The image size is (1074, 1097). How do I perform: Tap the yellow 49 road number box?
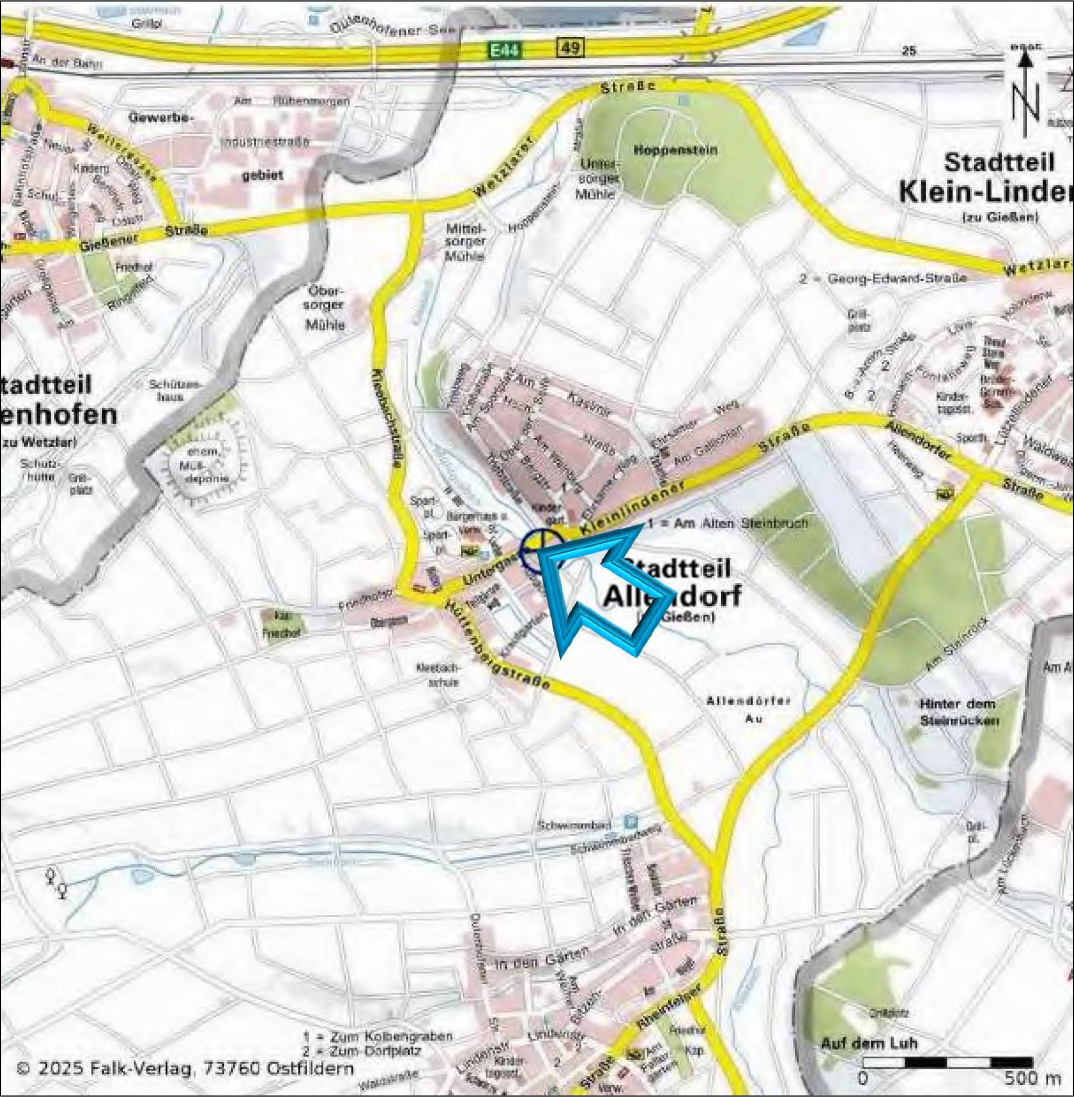[x=570, y=47]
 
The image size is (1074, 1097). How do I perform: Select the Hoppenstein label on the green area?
[x=676, y=150]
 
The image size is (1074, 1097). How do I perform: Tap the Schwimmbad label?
[x=575, y=825]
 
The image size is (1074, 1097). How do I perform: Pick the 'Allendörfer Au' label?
[x=748, y=710]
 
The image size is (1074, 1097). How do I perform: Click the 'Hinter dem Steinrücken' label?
[x=958, y=712]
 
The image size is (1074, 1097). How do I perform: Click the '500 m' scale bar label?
[x=1032, y=1078]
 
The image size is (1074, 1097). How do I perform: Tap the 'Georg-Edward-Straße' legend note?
[x=883, y=278]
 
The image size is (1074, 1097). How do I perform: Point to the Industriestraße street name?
[x=265, y=142]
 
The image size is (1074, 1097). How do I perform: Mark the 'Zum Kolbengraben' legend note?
[x=378, y=1037]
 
